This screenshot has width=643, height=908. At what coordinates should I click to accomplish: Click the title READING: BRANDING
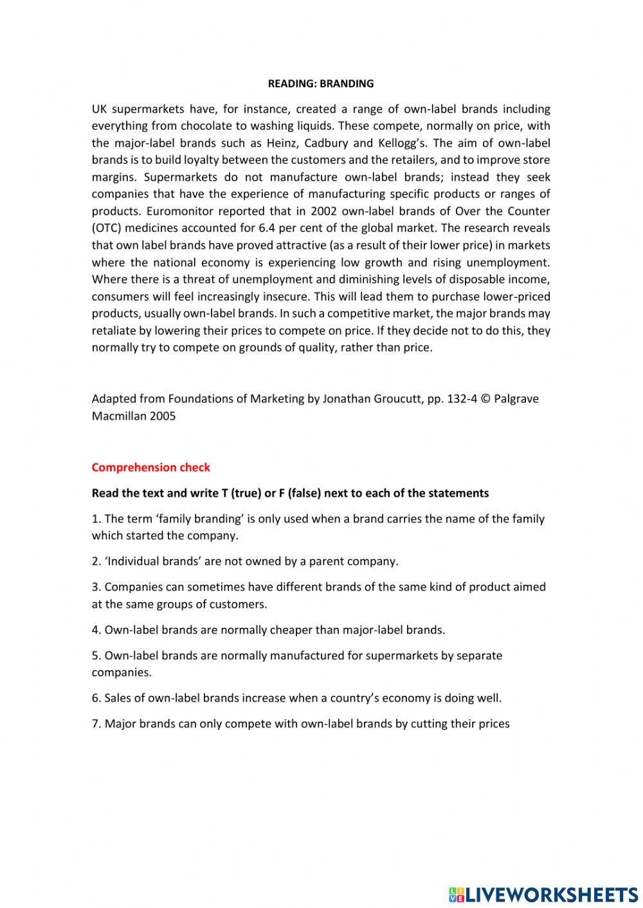click(320, 84)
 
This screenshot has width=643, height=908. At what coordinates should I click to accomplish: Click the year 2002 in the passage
click(323, 211)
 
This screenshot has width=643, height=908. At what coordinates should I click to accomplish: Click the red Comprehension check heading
click(150, 467)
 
